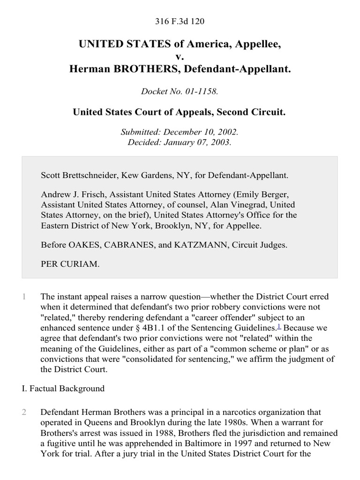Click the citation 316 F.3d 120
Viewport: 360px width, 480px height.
[180, 22]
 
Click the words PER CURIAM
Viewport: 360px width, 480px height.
[70, 264]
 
